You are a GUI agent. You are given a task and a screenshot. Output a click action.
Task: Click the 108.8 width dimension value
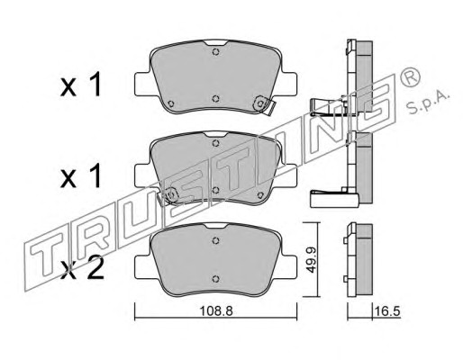pos(216,311)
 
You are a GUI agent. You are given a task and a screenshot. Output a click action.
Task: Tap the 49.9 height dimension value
pos(312,260)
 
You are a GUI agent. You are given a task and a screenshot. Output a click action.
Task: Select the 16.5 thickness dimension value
pos(386,311)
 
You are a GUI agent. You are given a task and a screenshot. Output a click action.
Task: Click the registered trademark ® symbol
pos(410,77)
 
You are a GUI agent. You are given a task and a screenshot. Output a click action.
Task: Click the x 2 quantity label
pos(82,268)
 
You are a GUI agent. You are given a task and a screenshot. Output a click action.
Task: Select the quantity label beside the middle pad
pos(80,177)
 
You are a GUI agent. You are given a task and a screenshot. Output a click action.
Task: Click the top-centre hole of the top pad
pos(215,51)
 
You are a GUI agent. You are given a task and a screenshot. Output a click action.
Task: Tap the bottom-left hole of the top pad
pos(171,103)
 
